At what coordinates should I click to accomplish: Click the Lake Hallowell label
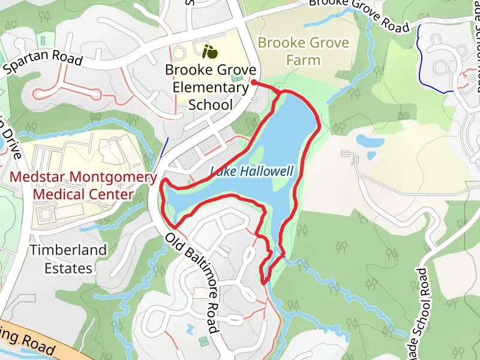tap(252, 172)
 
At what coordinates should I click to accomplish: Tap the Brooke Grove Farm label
tap(303, 52)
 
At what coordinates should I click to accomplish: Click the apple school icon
tap(209, 52)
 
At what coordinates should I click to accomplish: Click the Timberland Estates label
tap(68, 259)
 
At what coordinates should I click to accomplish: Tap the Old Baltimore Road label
tap(191, 283)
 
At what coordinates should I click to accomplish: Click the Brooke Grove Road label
tap(359, 14)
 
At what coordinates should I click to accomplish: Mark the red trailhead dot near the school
tap(254, 82)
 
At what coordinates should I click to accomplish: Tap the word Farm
tap(303, 60)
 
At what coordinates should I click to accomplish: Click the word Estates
tap(68, 268)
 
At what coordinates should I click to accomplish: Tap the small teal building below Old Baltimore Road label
tap(203, 341)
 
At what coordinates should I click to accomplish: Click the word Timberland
tap(68, 250)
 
